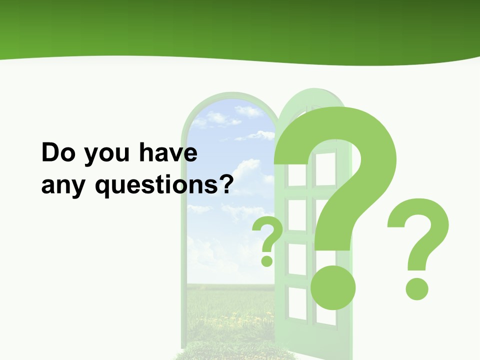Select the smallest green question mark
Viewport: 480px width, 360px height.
coord(268,240)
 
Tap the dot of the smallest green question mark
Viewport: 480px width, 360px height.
coord(267,260)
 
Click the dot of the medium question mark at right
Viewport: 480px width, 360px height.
coord(416,288)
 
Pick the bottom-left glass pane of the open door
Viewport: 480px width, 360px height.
coord(297,302)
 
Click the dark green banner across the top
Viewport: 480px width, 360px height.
coord(240,25)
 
